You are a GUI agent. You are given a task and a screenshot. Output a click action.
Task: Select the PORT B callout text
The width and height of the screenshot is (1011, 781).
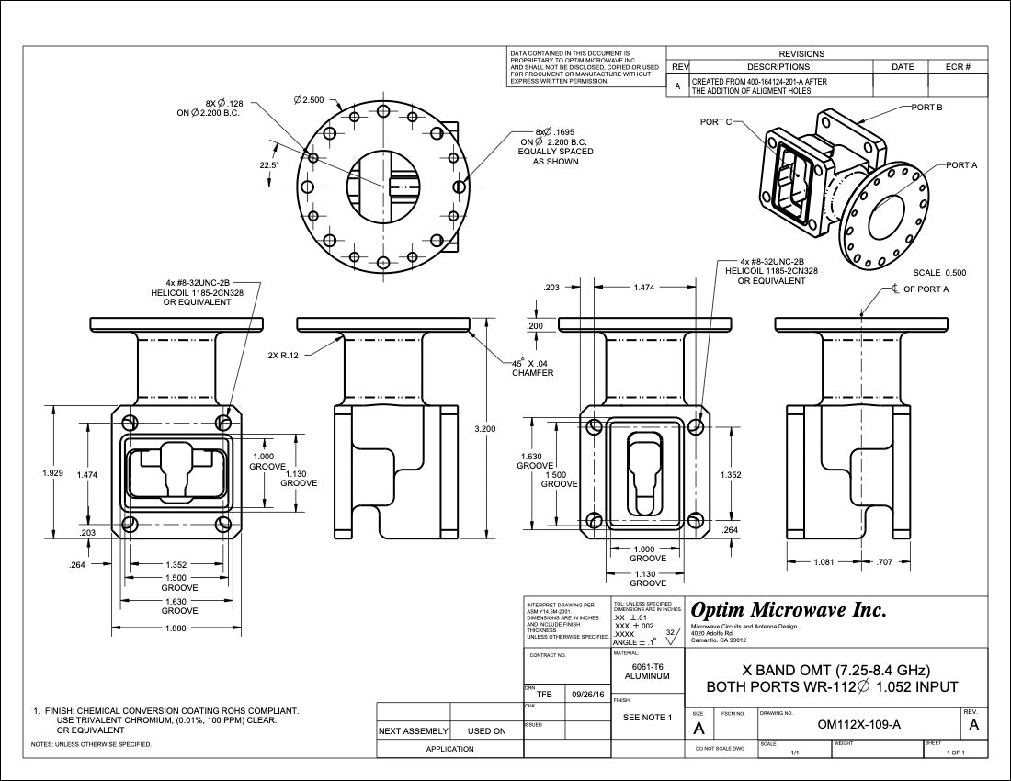[926, 108]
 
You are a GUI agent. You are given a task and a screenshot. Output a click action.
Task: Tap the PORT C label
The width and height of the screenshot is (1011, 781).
[715, 122]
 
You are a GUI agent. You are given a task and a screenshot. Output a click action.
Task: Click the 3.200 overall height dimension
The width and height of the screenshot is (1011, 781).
[483, 429]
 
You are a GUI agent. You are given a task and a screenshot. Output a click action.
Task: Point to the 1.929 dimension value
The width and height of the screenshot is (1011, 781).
[52, 472]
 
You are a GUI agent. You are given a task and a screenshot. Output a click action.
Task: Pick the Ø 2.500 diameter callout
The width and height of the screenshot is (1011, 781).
[309, 99]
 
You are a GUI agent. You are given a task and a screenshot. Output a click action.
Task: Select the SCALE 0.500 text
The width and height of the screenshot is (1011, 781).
[939, 273]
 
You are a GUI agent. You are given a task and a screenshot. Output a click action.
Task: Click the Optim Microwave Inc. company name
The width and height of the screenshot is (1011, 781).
[789, 610]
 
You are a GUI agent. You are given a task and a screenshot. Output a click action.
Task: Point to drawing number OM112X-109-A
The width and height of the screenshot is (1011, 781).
[859, 724]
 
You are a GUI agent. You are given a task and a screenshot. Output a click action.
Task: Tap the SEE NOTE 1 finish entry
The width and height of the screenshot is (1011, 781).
[648, 717]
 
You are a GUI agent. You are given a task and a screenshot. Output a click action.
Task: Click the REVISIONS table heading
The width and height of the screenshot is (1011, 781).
[801, 53]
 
